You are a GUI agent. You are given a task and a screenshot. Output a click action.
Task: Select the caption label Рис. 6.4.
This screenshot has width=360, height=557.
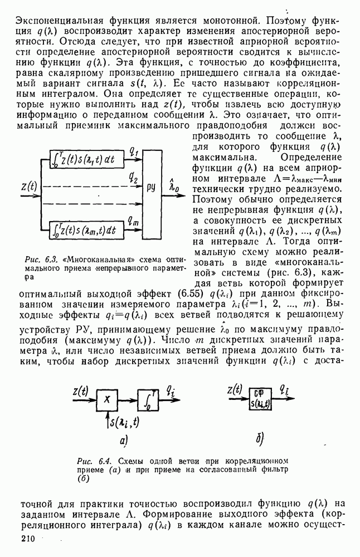(90, 461)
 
